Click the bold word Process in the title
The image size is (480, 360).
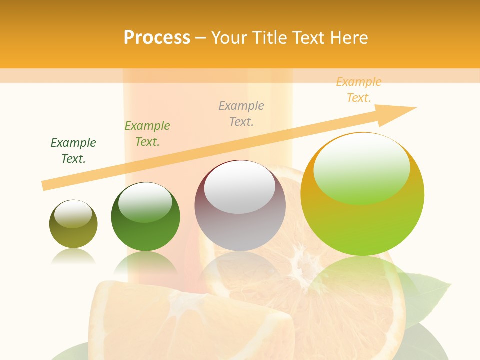tap(157, 38)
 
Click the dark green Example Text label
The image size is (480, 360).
tap(73, 150)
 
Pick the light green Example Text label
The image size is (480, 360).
tap(147, 133)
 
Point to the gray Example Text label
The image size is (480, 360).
tap(241, 113)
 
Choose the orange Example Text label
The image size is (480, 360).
tap(358, 90)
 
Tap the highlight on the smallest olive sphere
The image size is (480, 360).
tap(73, 214)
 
